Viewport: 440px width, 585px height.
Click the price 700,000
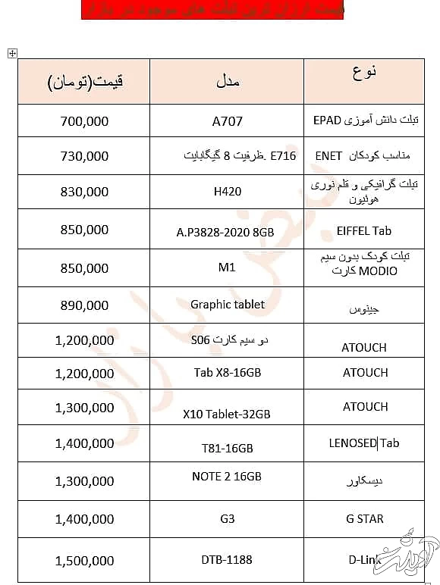click(x=84, y=120)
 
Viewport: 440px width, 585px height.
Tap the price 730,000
click(x=84, y=155)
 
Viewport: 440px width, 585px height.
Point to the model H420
click(x=228, y=192)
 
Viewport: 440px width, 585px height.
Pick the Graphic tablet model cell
click(x=228, y=304)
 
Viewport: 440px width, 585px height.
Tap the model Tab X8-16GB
click(x=228, y=372)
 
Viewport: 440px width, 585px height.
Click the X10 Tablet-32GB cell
click(x=227, y=414)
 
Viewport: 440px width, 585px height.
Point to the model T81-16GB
click(x=228, y=448)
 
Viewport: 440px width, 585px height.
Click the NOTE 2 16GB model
click(x=227, y=476)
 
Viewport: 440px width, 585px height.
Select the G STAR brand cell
click(x=365, y=519)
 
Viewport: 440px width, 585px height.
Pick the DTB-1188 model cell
click(x=227, y=560)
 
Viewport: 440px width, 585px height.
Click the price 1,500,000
click(x=84, y=561)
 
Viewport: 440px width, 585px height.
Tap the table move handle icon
click(x=11, y=53)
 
